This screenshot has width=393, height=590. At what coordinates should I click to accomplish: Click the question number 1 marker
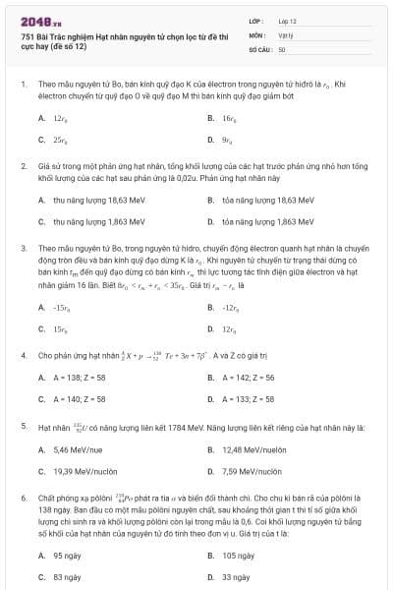pyautogui.click(x=23, y=85)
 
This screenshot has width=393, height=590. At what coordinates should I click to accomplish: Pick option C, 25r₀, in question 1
pyautogui.click(x=60, y=139)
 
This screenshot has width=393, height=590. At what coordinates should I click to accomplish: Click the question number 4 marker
pyautogui.click(x=23, y=354)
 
